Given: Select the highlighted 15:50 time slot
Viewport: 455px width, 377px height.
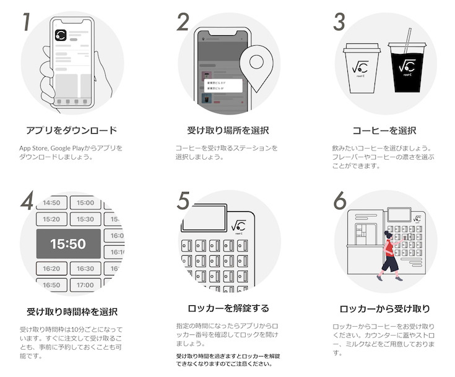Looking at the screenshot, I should click(x=68, y=244).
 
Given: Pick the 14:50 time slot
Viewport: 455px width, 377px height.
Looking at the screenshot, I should click(x=51, y=202).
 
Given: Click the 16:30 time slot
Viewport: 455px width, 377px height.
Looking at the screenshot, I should click(x=85, y=269).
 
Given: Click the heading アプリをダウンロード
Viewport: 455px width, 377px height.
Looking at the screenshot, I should click(x=71, y=131).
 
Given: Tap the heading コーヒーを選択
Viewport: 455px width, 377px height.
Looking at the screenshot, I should click(x=384, y=131).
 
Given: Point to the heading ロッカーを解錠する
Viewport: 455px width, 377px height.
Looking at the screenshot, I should click(x=227, y=308).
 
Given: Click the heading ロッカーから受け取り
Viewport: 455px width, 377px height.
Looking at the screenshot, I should click(x=384, y=308).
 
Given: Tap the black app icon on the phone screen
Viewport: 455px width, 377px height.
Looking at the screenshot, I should click(x=61, y=37).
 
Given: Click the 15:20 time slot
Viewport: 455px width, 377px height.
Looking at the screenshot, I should click(x=51, y=219).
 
